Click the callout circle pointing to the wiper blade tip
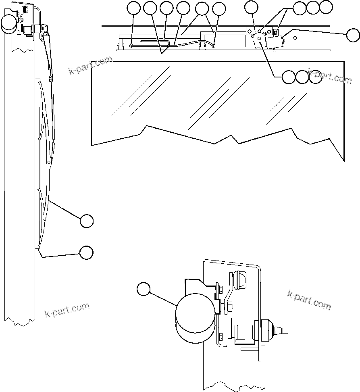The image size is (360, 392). click(86, 252)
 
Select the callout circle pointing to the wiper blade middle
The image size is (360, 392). click(86, 221)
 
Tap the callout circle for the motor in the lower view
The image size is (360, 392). click(144, 289)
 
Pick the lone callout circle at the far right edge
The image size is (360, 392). click(353, 35)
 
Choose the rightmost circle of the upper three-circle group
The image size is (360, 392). click(326, 7)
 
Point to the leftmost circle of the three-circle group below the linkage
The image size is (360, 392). click(288, 77)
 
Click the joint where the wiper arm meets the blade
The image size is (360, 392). click(51, 79)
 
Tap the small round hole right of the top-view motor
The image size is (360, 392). click(296, 38)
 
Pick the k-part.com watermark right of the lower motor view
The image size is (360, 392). click(309, 300)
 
